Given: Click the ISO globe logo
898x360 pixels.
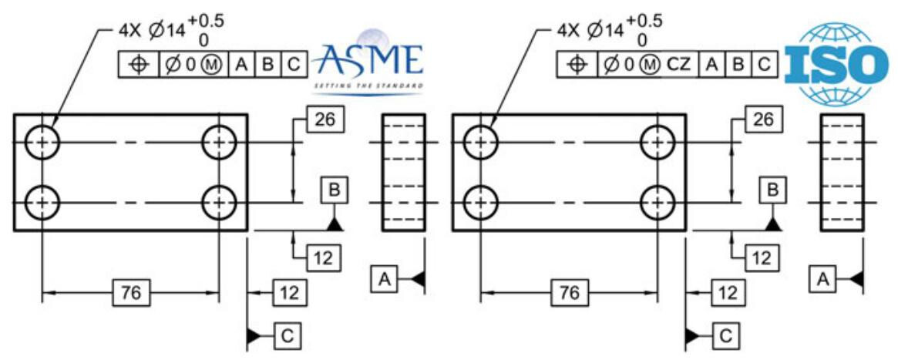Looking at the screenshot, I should tap(831, 63).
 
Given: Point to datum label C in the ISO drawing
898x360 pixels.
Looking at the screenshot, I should tap(725, 336).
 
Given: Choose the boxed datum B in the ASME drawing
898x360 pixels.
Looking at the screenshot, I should tap(334, 189).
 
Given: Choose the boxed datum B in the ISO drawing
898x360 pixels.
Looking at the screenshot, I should tap(772, 189).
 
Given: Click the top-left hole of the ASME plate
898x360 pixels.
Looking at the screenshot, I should tap(42, 143).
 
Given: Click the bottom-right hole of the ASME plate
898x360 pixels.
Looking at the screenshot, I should tap(219, 204).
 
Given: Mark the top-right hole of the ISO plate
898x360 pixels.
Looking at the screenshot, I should tap(658, 143).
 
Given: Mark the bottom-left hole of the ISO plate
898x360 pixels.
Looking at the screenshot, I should tap(480, 204).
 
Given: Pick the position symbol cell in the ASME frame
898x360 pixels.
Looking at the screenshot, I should tap(140, 65).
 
